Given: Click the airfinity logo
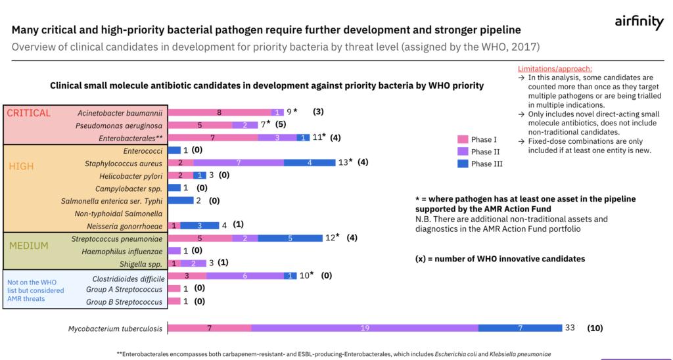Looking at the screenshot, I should pyautogui.click(x=639, y=22).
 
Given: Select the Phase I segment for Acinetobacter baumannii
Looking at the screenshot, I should pyautogui.click(x=220, y=112).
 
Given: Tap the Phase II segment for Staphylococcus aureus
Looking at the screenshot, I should pyautogui.click(x=239, y=162).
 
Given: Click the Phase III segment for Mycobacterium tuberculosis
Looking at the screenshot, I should pyautogui.click(x=519, y=328).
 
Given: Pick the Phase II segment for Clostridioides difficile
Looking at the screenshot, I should pyautogui.click(x=244, y=275).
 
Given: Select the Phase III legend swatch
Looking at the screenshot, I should pyautogui.click(x=463, y=164).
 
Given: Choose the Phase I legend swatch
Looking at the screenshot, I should pyautogui.click(x=463, y=139).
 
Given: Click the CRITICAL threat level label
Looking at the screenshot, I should pyautogui.click(x=29, y=113).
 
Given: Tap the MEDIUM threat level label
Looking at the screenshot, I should pyautogui.click(x=28, y=246).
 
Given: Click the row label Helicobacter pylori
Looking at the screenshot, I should pyautogui.click(x=130, y=175).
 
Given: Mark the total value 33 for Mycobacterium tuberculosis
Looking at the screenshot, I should pyautogui.click(x=570, y=328).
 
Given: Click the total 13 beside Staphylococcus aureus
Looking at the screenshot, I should pyautogui.click(x=344, y=162).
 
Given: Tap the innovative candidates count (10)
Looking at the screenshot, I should pyautogui.click(x=595, y=328).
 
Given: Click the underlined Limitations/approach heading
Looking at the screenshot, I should pyautogui.click(x=555, y=68).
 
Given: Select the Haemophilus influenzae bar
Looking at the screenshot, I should pyautogui.click(x=174, y=250).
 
